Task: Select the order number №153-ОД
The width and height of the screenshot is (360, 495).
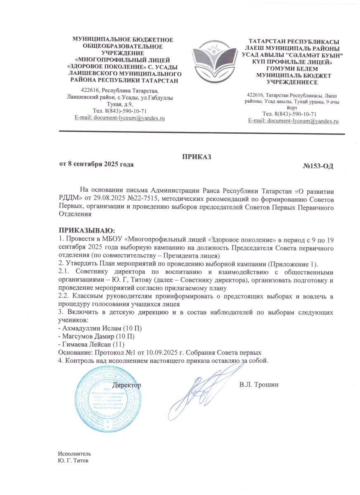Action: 318,166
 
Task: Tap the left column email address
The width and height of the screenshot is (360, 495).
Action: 120,118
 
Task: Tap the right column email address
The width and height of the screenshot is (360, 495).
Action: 293,121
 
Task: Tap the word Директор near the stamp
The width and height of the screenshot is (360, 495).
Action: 127,384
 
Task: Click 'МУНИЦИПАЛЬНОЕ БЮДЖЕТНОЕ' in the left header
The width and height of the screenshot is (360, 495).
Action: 123,40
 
